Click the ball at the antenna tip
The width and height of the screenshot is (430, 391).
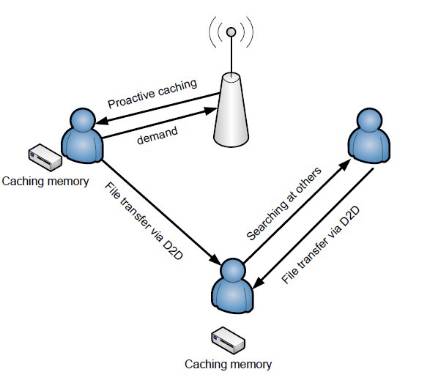(231, 32)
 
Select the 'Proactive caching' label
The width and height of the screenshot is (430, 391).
(152, 94)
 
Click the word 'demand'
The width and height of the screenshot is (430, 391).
(157, 135)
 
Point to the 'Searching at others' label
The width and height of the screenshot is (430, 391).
(283, 204)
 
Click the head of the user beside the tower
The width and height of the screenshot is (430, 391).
(83, 121)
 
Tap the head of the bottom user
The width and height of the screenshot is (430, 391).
(233, 271)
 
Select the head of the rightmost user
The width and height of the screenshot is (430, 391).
(369, 121)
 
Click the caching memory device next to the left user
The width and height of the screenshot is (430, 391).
(45, 157)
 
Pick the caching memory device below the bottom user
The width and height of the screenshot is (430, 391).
(228, 340)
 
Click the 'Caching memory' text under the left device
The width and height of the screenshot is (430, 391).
(45, 182)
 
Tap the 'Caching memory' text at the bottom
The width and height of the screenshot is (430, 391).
(228, 365)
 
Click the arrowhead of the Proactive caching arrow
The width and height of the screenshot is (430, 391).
(102, 121)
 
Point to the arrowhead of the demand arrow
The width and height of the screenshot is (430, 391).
(211, 111)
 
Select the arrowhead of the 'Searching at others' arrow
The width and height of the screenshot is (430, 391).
(345, 165)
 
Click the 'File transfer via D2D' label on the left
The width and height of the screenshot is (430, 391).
(144, 220)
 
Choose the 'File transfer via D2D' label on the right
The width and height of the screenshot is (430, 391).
(320, 245)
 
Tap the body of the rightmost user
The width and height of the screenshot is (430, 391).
(369, 145)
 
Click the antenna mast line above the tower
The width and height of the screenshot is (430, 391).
(231, 55)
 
